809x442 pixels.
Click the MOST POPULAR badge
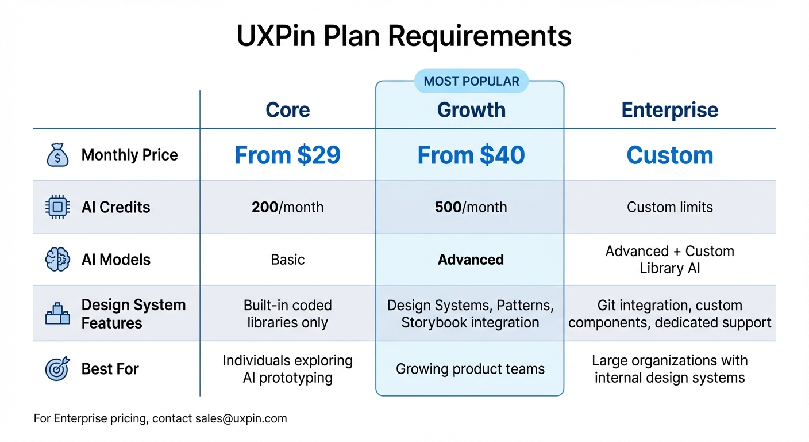click(471, 82)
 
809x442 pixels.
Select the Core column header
click(288, 110)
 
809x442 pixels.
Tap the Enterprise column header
click(670, 110)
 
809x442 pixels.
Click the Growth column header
click(471, 110)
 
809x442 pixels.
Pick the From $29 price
click(288, 155)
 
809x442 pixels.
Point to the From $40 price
click(471, 155)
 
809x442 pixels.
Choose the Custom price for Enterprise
click(670, 155)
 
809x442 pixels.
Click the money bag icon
click(57, 155)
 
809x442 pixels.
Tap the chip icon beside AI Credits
click(57, 207)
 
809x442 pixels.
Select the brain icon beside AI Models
click(57, 260)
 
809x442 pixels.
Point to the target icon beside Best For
click(57, 369)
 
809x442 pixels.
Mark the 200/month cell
click(288, 207)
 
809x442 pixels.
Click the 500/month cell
click(471, 207)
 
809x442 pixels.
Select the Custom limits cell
click(670, 207)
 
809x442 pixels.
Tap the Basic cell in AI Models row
click(288, 260)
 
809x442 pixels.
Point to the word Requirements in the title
click(480, 36)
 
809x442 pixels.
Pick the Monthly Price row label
click(130, 155)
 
